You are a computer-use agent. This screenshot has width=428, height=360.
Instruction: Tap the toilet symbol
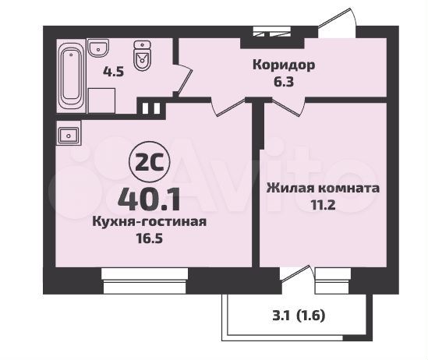point(142,55)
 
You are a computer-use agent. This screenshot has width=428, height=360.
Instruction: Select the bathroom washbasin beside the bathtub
point(98,48)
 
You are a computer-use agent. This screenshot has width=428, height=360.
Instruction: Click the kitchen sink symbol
point(69,135)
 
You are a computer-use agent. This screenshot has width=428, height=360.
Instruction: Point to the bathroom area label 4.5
point(113,72)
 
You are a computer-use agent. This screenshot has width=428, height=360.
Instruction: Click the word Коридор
point(284,65)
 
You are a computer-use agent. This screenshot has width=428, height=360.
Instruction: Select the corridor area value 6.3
point(284,82)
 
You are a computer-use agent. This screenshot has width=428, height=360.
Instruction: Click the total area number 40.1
point(149,200)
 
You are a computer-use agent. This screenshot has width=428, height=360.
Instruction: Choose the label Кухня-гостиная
point(150,221)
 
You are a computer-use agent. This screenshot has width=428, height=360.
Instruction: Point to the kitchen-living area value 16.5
point(150,238)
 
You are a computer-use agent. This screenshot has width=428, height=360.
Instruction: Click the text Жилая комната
point(324,188)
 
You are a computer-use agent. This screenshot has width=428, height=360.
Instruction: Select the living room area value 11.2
point(324,204)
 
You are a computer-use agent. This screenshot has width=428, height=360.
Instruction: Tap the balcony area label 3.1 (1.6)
point(299,316)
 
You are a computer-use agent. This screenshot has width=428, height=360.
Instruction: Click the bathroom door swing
point(183,79)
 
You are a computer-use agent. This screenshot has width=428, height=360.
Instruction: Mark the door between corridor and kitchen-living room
point(228,107)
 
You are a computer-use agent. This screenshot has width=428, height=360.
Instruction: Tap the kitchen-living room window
point(145,281)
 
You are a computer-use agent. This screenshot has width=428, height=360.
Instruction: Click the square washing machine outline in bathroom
point(101,101)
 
